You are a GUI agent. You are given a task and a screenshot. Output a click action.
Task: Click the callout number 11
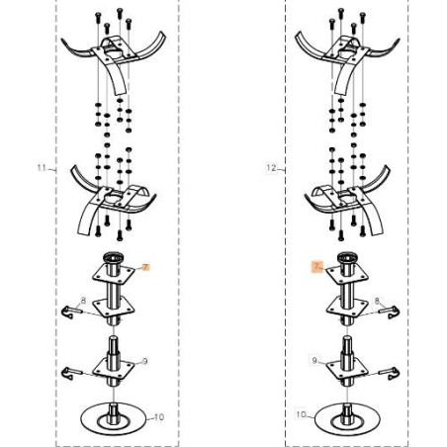point(42,168)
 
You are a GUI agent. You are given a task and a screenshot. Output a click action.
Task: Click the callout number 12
point(271,168)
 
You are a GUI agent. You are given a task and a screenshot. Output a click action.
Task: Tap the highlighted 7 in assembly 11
point(146,267)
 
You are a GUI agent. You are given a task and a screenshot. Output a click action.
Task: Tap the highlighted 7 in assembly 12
point(316,266)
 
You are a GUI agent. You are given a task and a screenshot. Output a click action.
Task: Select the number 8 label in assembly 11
point(83,301)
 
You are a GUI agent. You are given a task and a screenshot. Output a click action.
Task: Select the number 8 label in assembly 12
point(377,301)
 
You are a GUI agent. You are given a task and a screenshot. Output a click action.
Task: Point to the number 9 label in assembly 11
point(145,361)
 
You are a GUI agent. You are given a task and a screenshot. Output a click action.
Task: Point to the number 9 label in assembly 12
point(314,360)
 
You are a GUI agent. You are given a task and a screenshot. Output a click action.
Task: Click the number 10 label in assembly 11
point(159,417)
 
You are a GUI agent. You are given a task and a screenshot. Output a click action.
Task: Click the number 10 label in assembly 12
point(301,414)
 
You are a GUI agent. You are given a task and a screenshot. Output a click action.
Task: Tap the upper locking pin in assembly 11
point(70,311)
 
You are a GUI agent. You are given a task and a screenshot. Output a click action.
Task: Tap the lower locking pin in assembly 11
point(70,373)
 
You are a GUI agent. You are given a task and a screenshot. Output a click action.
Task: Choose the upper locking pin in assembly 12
point(390,312)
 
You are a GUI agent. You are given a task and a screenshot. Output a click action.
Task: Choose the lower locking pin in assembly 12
point(390,374)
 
